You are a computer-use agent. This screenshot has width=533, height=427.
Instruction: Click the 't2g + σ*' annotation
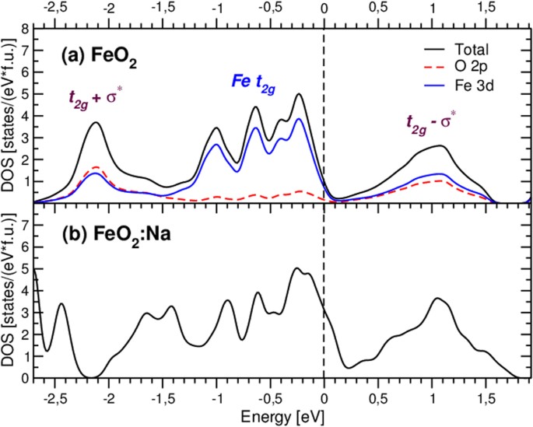coord(99,98)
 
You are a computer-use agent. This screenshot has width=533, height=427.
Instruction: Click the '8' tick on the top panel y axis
coord(25,27)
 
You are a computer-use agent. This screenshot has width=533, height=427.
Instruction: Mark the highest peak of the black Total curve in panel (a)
coord(299,94)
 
